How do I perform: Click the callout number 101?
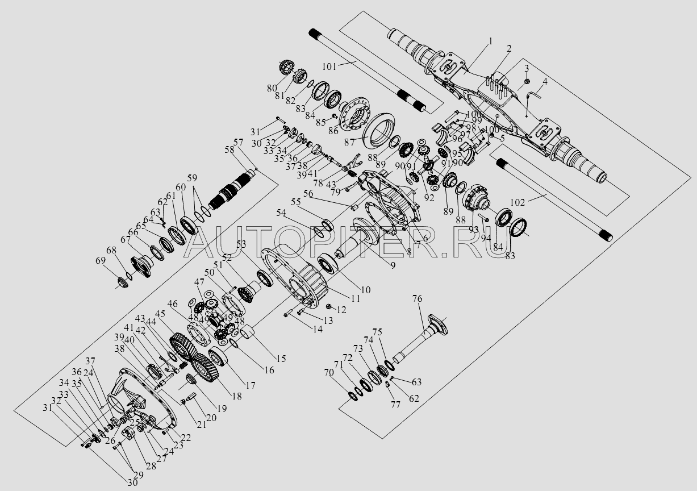[x=330, y=66]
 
